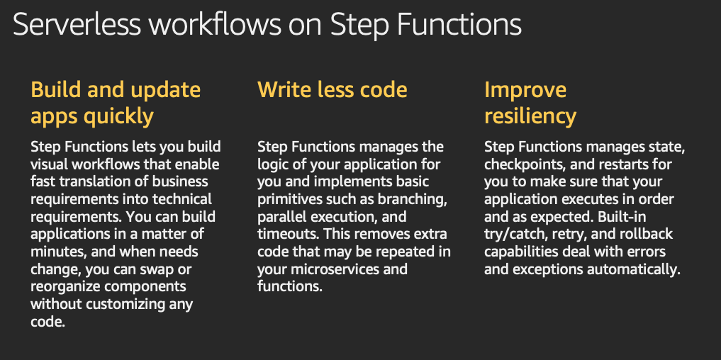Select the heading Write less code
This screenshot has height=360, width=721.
pyautogui.click(x=332, y=89)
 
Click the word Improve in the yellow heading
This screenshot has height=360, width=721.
pyautogui.click(x=525, y=90)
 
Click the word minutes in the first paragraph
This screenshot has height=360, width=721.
pyautogui.click(x=56, y=252)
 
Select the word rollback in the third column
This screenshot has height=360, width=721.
pyautogui.click(x=646, y=235)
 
